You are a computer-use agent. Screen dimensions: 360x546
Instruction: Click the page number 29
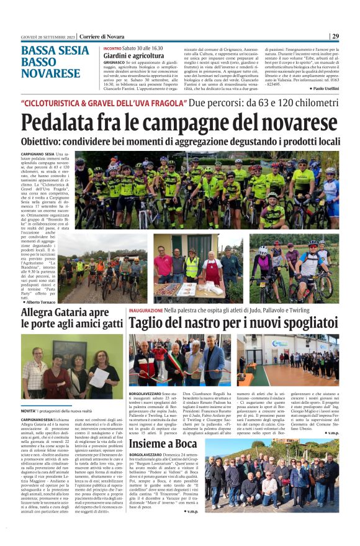335,36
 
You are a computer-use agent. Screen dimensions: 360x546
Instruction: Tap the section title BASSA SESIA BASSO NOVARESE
55,62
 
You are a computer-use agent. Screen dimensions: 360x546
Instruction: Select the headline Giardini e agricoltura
133,55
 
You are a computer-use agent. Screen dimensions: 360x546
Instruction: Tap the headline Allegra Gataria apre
65,312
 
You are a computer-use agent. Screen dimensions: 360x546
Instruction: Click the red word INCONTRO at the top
112,48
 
